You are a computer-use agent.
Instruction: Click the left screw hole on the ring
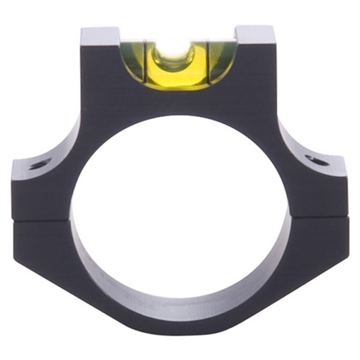pos(39,165)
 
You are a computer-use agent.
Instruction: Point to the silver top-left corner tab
pos(99,35)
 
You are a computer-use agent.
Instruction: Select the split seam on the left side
pos(40,220)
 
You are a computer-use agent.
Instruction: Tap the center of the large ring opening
pos(179,213)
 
